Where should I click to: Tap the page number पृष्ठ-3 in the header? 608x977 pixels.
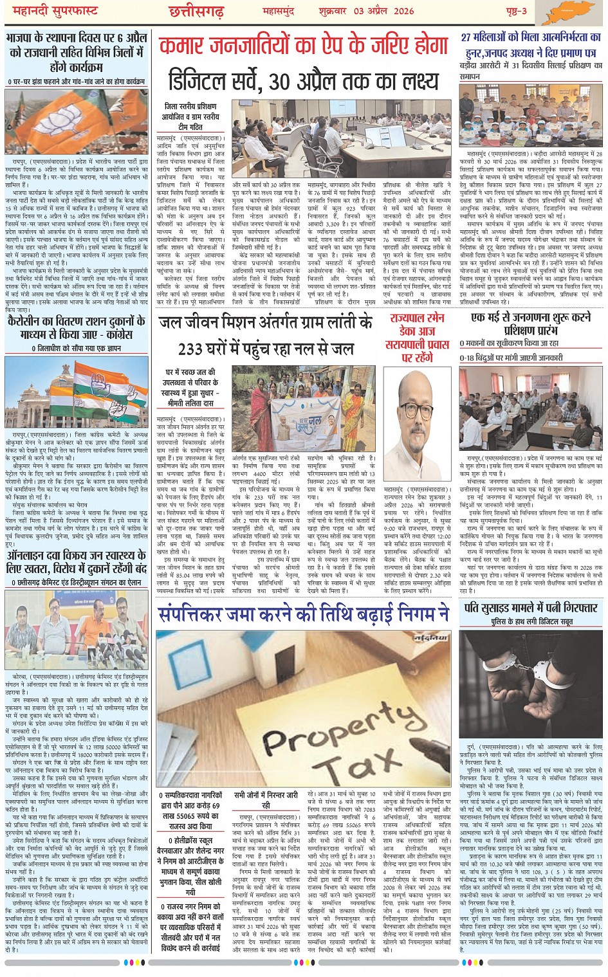pyautogui.click(x=515, y=12)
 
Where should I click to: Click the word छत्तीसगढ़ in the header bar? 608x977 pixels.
pyautogui.click(x=196, y=12)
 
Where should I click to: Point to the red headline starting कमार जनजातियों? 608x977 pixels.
pyautogui.click(x=303, y=46)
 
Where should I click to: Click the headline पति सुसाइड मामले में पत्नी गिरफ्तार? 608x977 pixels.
pyautogui.click(x=531, y=608)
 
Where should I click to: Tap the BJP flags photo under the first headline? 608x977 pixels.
pyautogui.click(x=77, y=122)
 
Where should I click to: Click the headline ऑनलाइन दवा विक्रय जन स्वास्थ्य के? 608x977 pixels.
pyautogui.click(x=77, y=560)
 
